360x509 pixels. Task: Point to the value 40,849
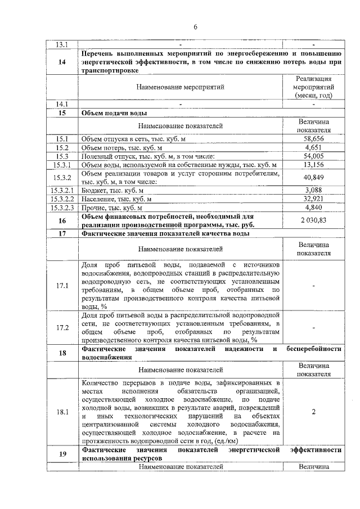click(313, 178)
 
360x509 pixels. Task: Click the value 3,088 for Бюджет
click(313, 191)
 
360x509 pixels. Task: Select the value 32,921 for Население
click(313, 199)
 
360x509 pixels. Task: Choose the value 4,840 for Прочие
click(313, 208)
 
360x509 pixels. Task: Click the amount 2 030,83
click(313, 220)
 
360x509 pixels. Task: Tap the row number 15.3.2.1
click(62, 191)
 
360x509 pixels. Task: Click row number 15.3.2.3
click(62, 208)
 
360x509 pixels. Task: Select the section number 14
click(62, 62)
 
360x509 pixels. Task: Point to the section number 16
click(62, 220)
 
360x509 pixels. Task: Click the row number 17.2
click(62, 327)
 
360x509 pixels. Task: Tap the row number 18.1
click(62, 412)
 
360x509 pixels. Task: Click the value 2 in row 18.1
click(313, 412)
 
